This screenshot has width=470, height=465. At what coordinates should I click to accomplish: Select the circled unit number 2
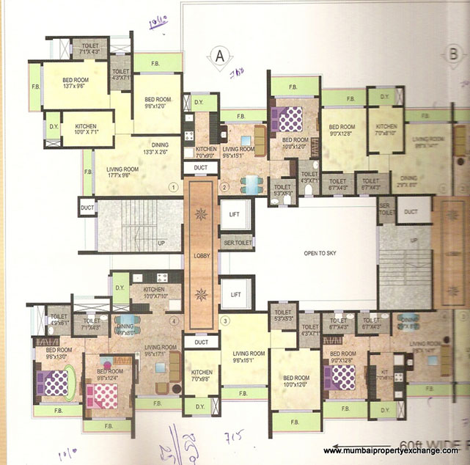coord(225,187)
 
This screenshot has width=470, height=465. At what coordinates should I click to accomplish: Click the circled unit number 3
coord(225,321)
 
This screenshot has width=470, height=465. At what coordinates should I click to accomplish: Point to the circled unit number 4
coord(174,321)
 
